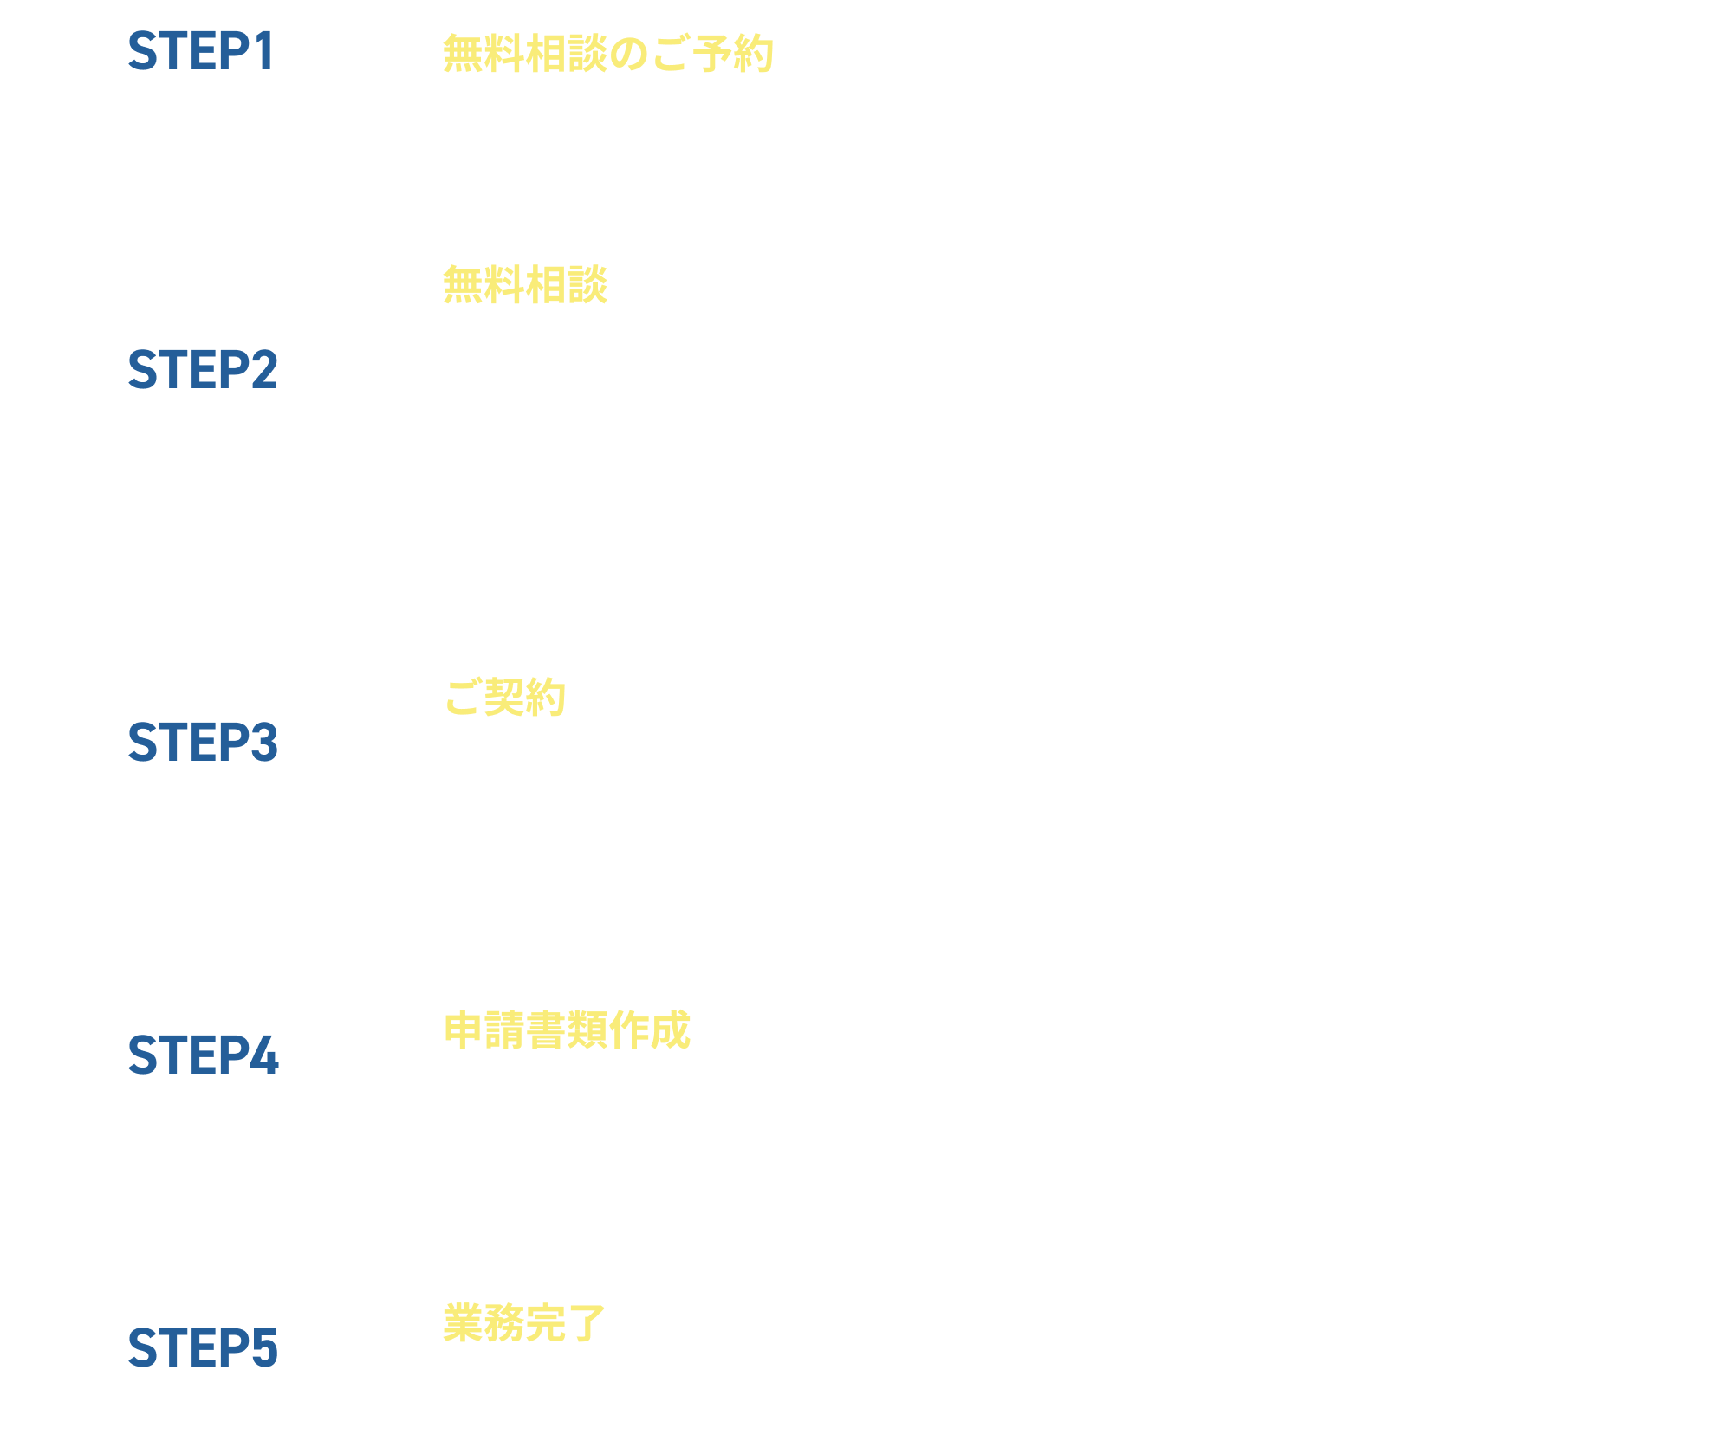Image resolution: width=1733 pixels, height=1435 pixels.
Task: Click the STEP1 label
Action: click(201, 51)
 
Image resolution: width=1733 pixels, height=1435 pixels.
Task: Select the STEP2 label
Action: click(203, 370)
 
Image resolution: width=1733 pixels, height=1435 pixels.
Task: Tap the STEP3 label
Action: click(203, 743)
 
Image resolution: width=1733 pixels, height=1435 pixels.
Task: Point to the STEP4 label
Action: click(203, 1055)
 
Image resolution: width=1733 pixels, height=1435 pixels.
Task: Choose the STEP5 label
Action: click(203, 1348)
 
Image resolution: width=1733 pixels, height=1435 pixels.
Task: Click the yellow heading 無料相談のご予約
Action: click(607, 54)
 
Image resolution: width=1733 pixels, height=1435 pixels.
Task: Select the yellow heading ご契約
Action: click(505, 698)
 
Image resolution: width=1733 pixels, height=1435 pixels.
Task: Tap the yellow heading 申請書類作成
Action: click(567, 1030)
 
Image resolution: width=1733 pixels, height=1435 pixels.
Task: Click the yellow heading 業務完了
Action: click(524, 1323)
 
